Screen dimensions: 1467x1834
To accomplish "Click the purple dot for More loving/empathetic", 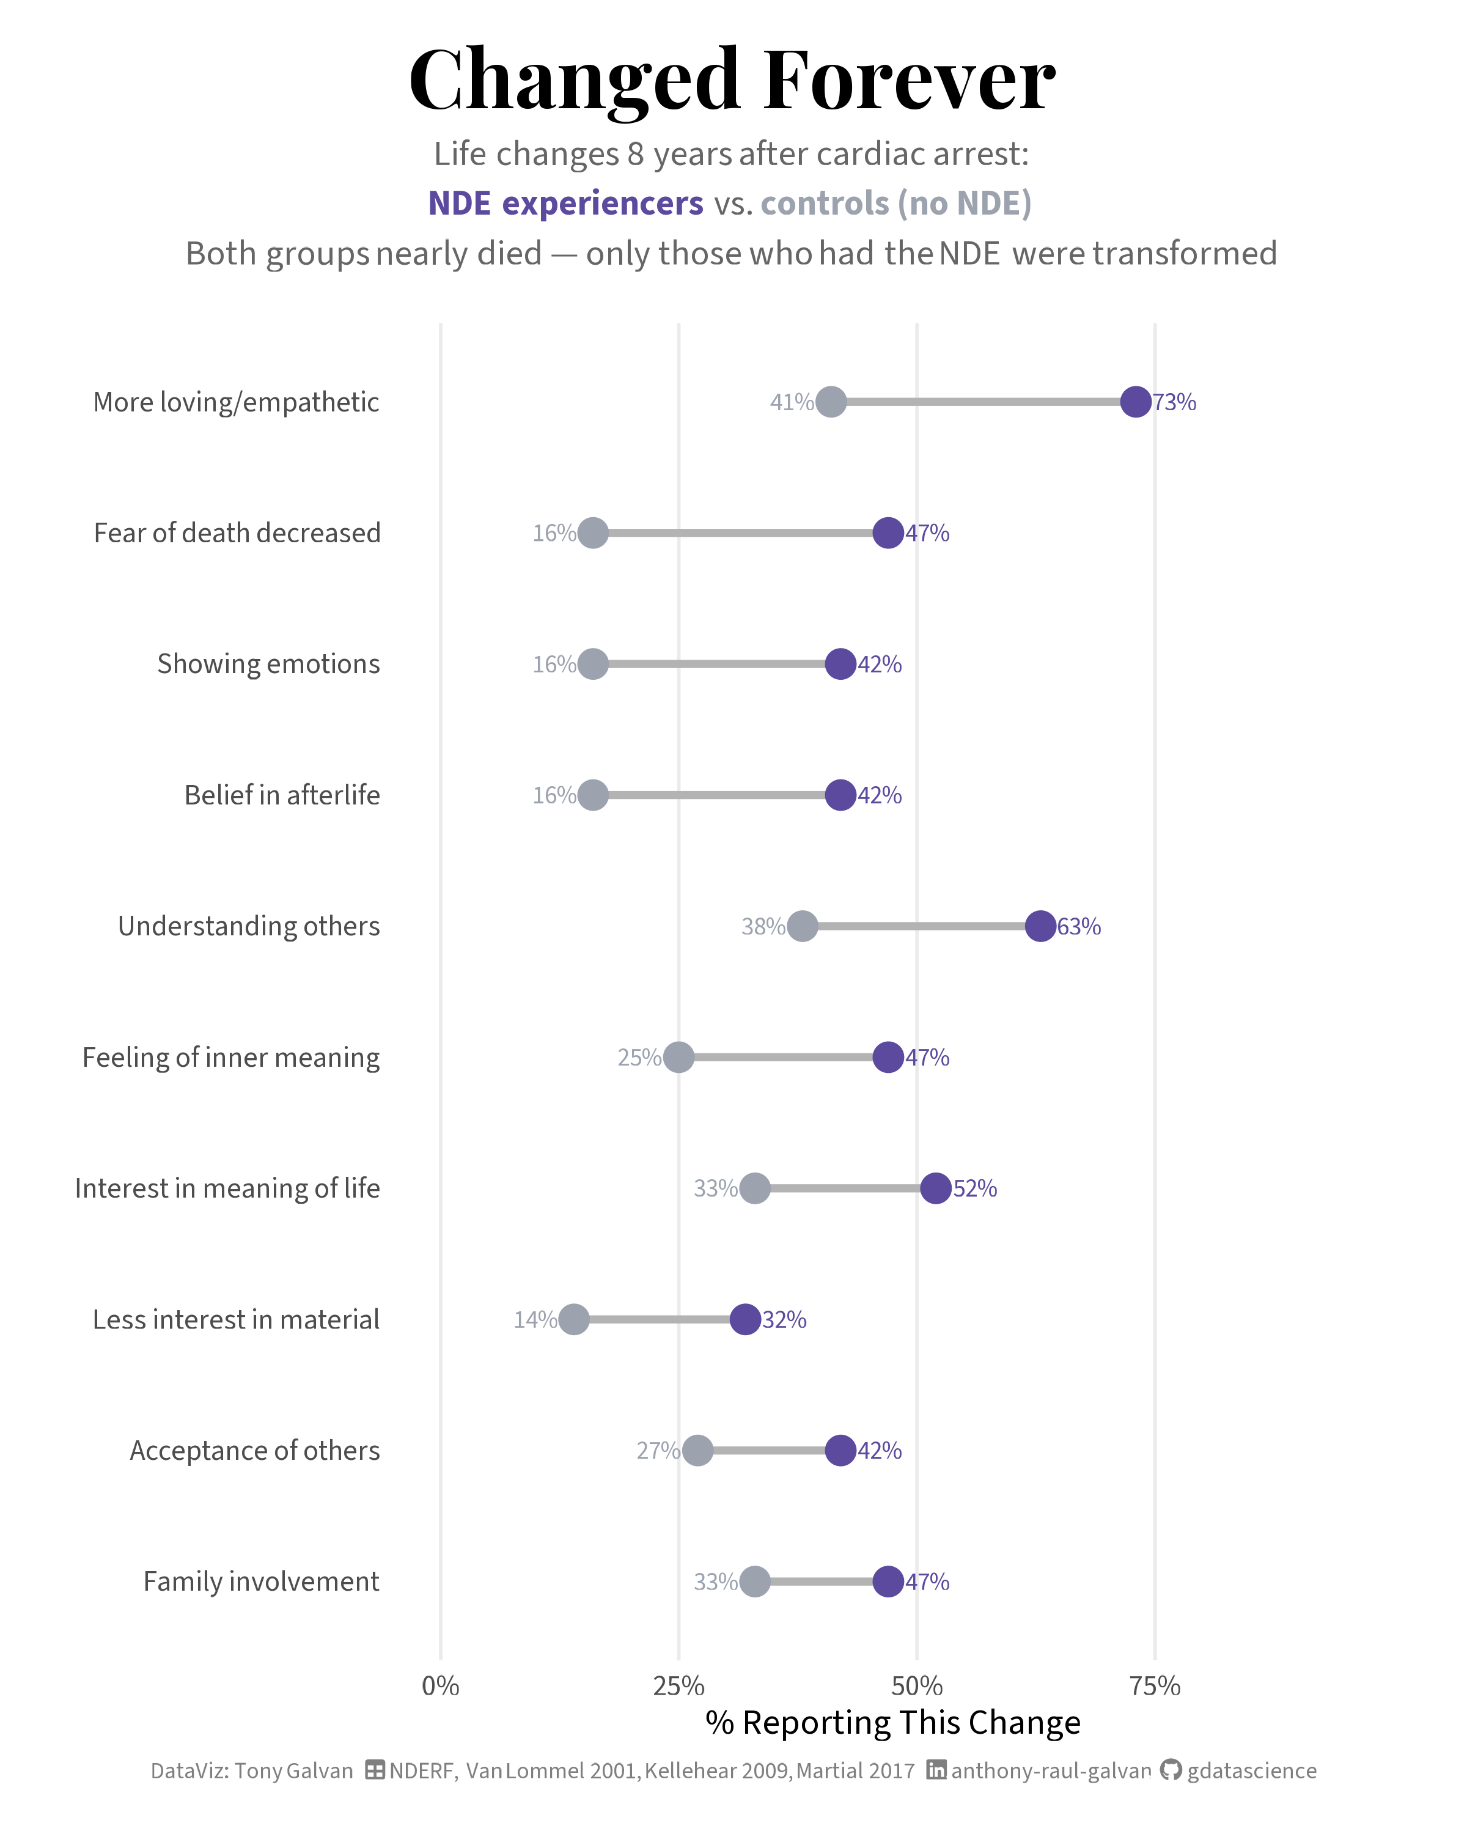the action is click(x=1135, y=402).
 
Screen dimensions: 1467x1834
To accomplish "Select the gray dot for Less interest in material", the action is click(x=574, y=1319).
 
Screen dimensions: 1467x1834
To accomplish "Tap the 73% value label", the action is click(x=1174, y=402).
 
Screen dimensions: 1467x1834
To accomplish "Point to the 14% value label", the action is click(x=535, y=1319).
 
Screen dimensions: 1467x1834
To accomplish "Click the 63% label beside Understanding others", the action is click(x=1079, y=926).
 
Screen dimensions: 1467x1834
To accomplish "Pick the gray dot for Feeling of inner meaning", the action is click(x=678, y=1058).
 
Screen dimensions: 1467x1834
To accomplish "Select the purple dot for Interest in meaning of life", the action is click(x=935, y=1188).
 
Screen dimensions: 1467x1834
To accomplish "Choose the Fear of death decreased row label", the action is click(x=237, y=533).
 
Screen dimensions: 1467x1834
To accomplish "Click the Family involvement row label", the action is click(x=261, y=1582).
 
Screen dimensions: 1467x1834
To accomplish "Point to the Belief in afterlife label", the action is click(x=282, y=795).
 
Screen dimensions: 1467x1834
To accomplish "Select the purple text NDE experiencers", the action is click(x=565, y=204).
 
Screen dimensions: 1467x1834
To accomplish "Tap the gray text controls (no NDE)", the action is click(x=896, y=204).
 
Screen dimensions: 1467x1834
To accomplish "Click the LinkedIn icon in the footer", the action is click(x=936, y=1770).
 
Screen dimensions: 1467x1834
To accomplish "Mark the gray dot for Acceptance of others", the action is click(x=697, y=1450).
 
